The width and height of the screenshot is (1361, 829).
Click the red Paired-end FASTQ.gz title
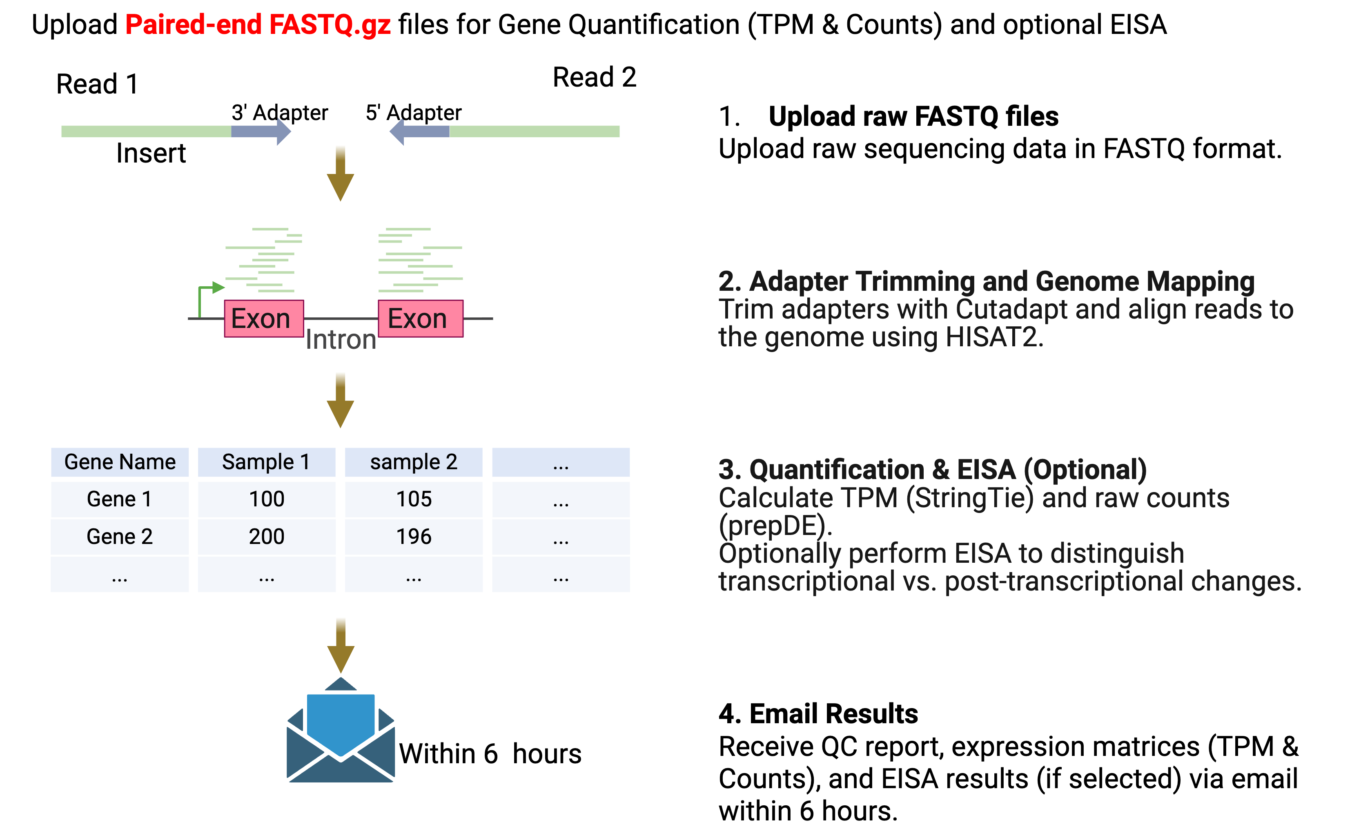point(258,25)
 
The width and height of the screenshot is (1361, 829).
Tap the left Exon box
point(263,319)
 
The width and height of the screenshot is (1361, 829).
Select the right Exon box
point(420,319)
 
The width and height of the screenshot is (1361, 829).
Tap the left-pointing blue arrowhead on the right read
point(398,131)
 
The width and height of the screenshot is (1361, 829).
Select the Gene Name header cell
point(120,462)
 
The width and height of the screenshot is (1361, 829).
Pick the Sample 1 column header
point(266,462)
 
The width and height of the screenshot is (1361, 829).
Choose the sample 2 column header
point(414,462)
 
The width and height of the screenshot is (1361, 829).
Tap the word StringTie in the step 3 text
point(969,498)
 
